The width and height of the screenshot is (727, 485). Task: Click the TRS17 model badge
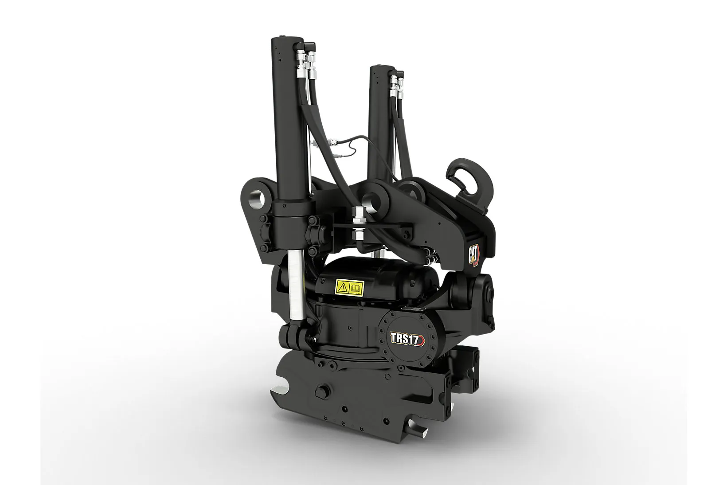pyautogui.click(x=407, y=338)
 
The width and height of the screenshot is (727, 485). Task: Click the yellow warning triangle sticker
pyautogui.click(x=343, y=287)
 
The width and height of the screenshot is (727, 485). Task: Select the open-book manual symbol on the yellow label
pyautogui.click(x=356, y=287)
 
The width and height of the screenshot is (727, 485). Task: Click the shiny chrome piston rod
pyautogui.click(x=296, y=289)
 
